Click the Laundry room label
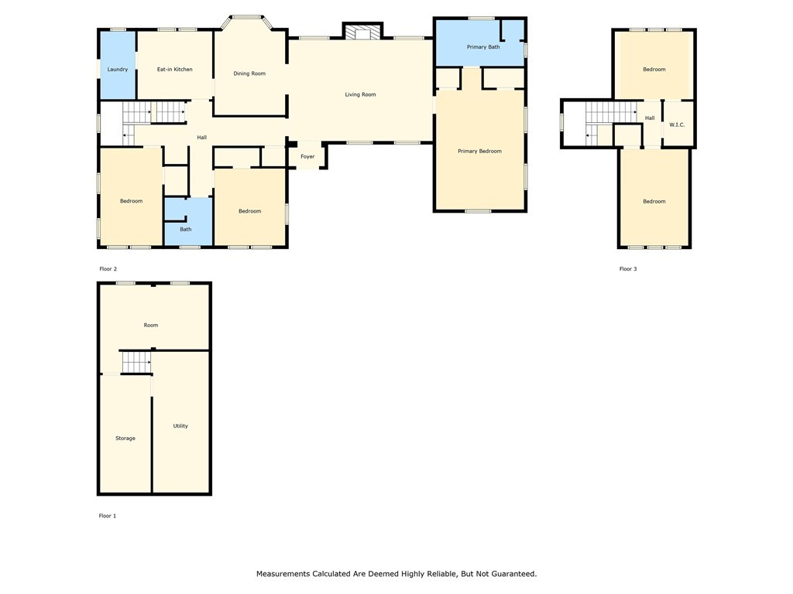(x=118, y=70)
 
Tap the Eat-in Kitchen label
(x=174, y=69)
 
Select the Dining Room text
(x=249, y=73)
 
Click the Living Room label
(x=360, y=94)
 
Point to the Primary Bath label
(x=483, y=47)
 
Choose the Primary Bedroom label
(x=479, y=151)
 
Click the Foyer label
(x=307, y=156)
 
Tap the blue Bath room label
(x=186, y=229)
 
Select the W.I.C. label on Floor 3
(x=677, y=125)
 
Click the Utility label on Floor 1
(x=180, y=426)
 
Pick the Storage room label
(x=125, y=439)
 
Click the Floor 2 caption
(x=108, y=269)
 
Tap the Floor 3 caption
(x=627, y=269)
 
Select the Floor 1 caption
(x=107, y=516)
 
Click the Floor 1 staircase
(x=136, y=362)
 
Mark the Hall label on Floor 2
(x=202, y=138)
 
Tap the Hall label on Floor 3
(x=650, y=118)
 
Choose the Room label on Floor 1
(x=151, y=326)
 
